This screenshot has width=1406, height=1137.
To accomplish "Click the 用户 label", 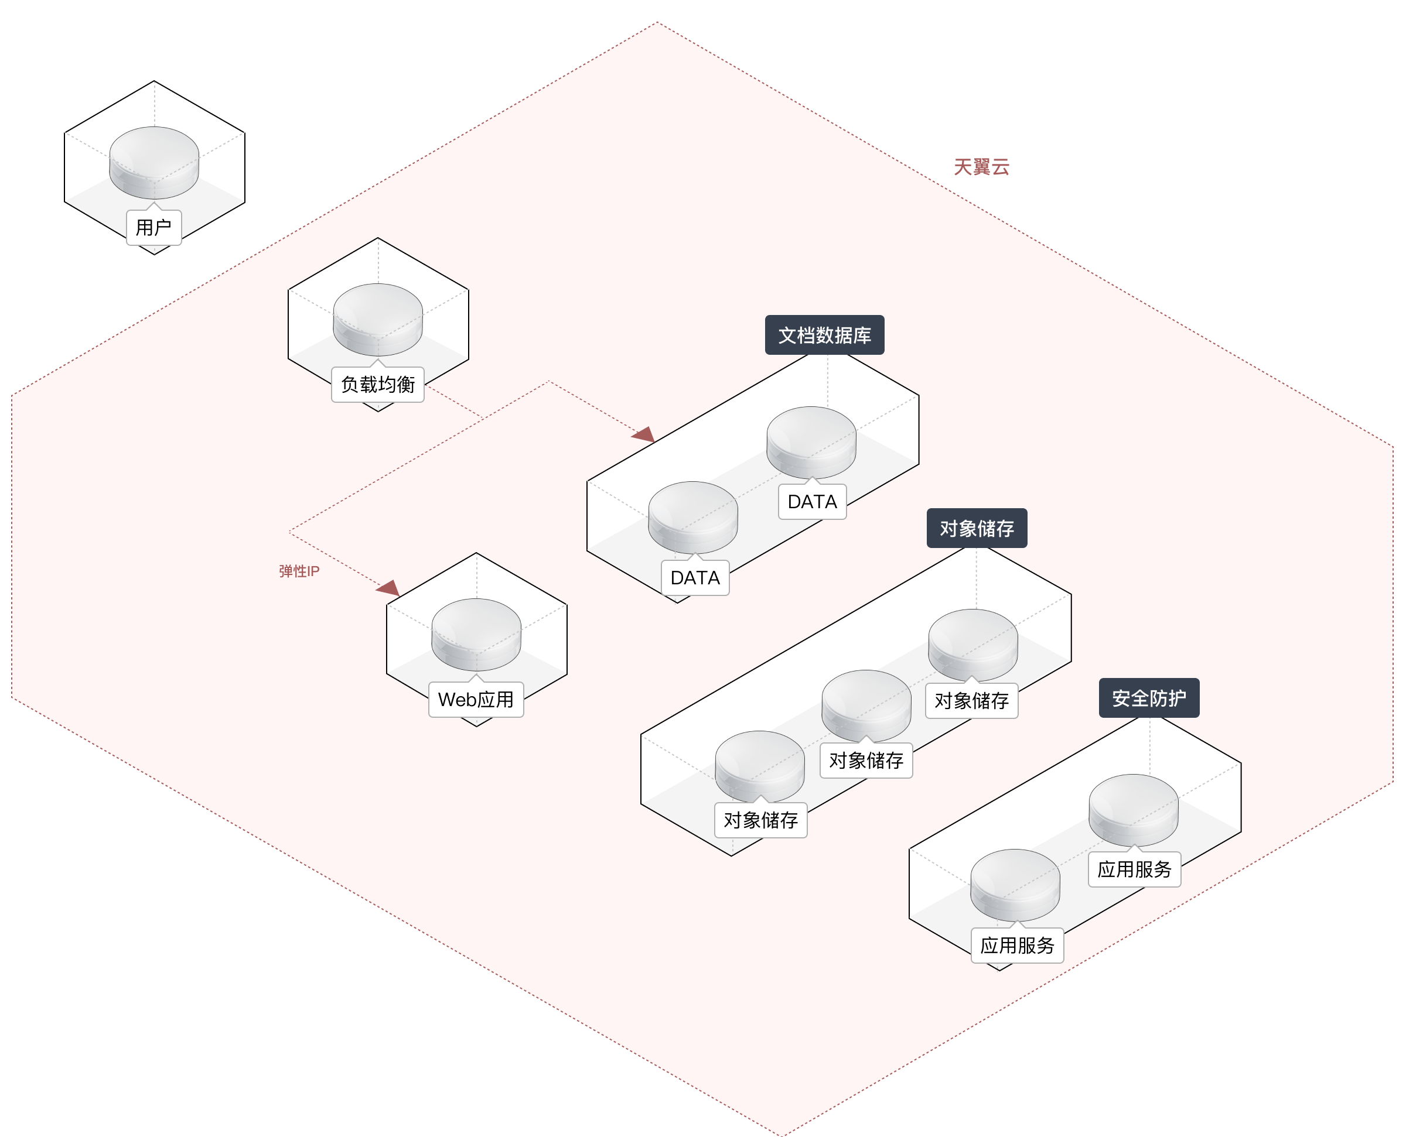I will point(153,227).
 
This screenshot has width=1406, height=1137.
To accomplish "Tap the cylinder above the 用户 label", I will point(154,162).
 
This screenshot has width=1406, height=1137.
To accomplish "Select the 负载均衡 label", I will point(378,385).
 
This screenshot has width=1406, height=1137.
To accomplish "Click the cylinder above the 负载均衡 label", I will point(378,319).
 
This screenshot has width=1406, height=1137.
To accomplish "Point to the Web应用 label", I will point(476,700).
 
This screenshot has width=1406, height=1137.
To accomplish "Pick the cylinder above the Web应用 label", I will point(476,633).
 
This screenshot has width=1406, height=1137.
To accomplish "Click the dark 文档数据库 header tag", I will point(824,335).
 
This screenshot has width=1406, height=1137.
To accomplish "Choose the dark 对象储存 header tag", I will point(976,529).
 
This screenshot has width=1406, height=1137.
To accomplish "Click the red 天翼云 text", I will point(981,167).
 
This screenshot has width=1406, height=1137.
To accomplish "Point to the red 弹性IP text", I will point(299,571).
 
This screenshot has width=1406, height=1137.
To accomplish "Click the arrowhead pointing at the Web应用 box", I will point(389,588).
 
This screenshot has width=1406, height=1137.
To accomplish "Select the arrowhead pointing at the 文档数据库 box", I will point(644,434).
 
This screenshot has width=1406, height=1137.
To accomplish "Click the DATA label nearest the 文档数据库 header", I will point(813,502).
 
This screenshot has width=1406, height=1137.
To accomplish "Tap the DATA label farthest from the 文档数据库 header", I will point(695,578).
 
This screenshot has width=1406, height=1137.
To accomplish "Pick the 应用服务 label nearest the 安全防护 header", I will point(1134,869).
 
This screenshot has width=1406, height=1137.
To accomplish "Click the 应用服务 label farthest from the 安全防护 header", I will point(1017,945).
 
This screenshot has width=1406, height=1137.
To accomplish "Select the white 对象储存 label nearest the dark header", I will point(972,701).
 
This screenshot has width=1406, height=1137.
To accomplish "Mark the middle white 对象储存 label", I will point(866,761).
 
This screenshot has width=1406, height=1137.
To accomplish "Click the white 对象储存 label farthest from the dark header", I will point(760,820).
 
